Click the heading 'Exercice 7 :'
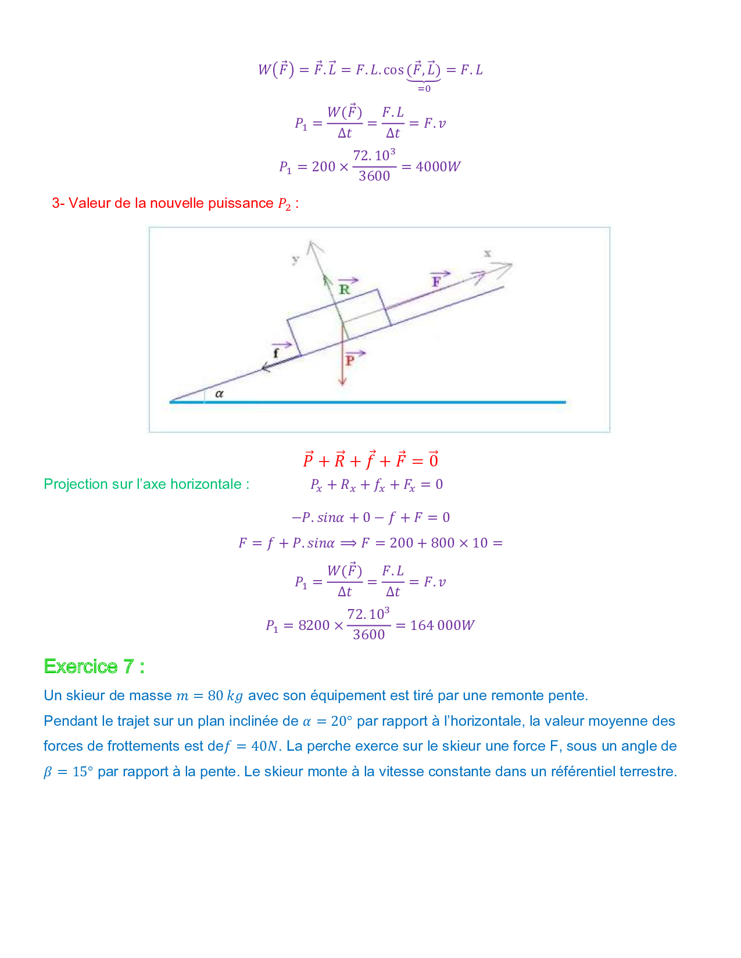click(x=94, y=666)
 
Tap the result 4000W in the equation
click(x=438, y=167)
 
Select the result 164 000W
click(x=442, y=625)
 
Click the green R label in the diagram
click(x=345, y=289)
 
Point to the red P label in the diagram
click(x=350, y=361)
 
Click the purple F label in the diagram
click(x=436, y=282)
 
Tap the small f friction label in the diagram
click(x=276, y=352)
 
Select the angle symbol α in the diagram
click(x=219, y=394)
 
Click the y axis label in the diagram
click(x=296, y=259)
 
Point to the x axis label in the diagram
click(x=488, y=253)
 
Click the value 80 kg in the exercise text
click(x=225, y=696)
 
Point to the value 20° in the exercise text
click(x=341, y=721)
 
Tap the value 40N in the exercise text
click(x=264, y=746)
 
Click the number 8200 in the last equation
click(x=314, y=625)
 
